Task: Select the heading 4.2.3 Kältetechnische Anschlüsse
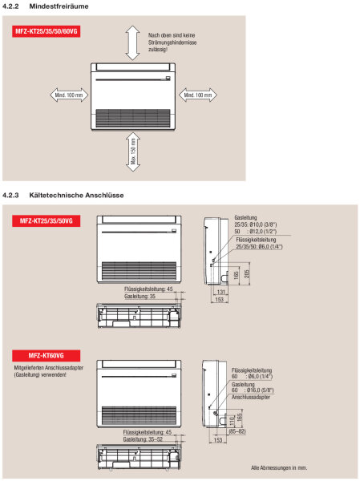(x=63, y=195)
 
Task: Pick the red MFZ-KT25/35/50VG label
(x=45, y=220)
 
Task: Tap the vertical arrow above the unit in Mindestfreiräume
(x=132, y=40)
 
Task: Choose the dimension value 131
(x=219, y=292)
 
